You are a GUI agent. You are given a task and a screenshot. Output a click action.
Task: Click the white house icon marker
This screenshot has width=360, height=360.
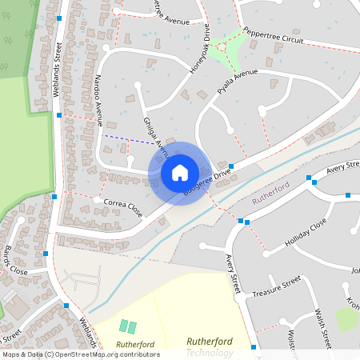click(x=180, y=172)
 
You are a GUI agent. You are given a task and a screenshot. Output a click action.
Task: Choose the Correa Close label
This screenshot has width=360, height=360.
click(x=122, y=207)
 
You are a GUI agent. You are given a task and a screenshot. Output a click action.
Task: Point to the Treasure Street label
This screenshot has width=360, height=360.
click(x=276, y=288)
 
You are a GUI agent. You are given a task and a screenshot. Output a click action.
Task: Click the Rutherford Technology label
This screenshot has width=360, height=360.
click(x=210, y=346)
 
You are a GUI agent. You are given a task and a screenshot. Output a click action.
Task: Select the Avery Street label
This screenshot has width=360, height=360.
click(x=233, y=272)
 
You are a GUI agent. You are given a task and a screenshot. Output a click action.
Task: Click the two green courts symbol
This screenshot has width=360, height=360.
click(x=128, y=326)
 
